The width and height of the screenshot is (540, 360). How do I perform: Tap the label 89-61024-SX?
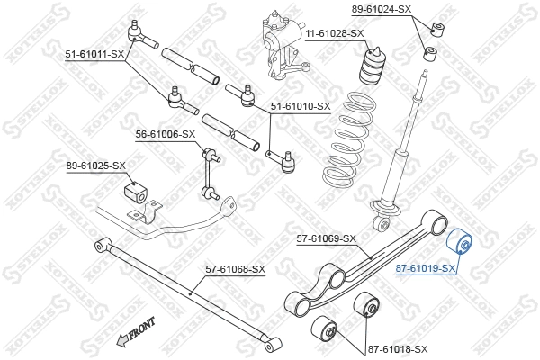click(x=381, y=9)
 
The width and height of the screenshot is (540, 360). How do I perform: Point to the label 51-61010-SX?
click(x=301, y=106)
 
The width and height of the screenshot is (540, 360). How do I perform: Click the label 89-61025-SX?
click(x=95, y=166)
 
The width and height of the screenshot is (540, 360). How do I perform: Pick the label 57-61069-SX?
click(x=327, y=238)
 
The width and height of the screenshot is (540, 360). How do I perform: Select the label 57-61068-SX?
click(x=235, y=268)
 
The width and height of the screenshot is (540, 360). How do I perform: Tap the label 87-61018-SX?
click(x=397, y=348)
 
